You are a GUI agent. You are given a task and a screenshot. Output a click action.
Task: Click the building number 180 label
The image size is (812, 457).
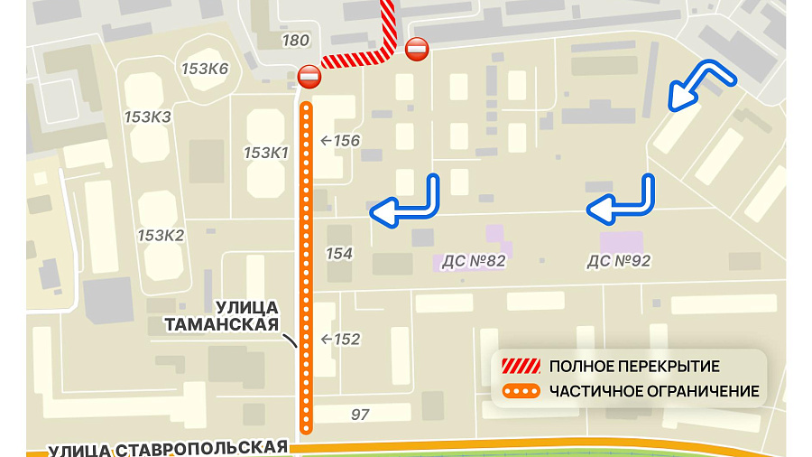tap(295, 41)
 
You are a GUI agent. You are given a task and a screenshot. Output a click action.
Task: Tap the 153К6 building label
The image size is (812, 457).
tap(205, 70)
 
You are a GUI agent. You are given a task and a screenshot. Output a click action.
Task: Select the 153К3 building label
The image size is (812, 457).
tap(148, 117)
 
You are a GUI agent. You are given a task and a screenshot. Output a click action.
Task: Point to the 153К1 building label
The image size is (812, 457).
tap(266, 153)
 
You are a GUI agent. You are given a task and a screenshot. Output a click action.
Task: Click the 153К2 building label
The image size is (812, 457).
tap(161, 236)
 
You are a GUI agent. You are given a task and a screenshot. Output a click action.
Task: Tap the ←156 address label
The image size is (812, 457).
tap(340, 140)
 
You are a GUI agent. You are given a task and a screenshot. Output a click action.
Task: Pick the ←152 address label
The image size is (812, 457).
tap(340, 340)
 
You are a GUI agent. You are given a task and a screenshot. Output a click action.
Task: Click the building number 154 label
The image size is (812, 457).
tap(339, 254)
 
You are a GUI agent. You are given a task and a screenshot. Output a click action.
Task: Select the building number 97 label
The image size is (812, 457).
tap(360, 415)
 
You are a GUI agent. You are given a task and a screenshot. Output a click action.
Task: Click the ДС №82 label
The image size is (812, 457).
tap(474, 262)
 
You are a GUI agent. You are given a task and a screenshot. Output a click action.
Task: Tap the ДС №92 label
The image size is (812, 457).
tap(619, 261)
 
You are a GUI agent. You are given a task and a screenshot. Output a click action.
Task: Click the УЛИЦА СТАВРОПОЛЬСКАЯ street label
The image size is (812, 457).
tap(168, 449)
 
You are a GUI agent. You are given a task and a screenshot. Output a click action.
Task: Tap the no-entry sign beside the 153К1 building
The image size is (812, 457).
tap(309, 78)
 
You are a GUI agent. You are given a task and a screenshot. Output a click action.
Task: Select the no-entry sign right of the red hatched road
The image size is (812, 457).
tap(417, 49)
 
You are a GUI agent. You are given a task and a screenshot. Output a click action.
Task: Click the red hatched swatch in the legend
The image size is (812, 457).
tap(521, 366)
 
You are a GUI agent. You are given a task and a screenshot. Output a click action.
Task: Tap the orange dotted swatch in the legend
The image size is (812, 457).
tap(521, 392)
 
